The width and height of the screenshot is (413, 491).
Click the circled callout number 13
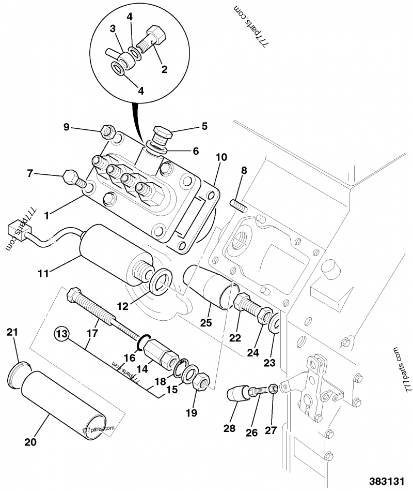pyautogui.click(x=62, y=334)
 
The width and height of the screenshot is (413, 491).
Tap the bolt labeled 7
pyautogui.click(x=72, y=178)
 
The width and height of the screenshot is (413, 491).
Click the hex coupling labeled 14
pyautogui.click(x=161, y=354)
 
